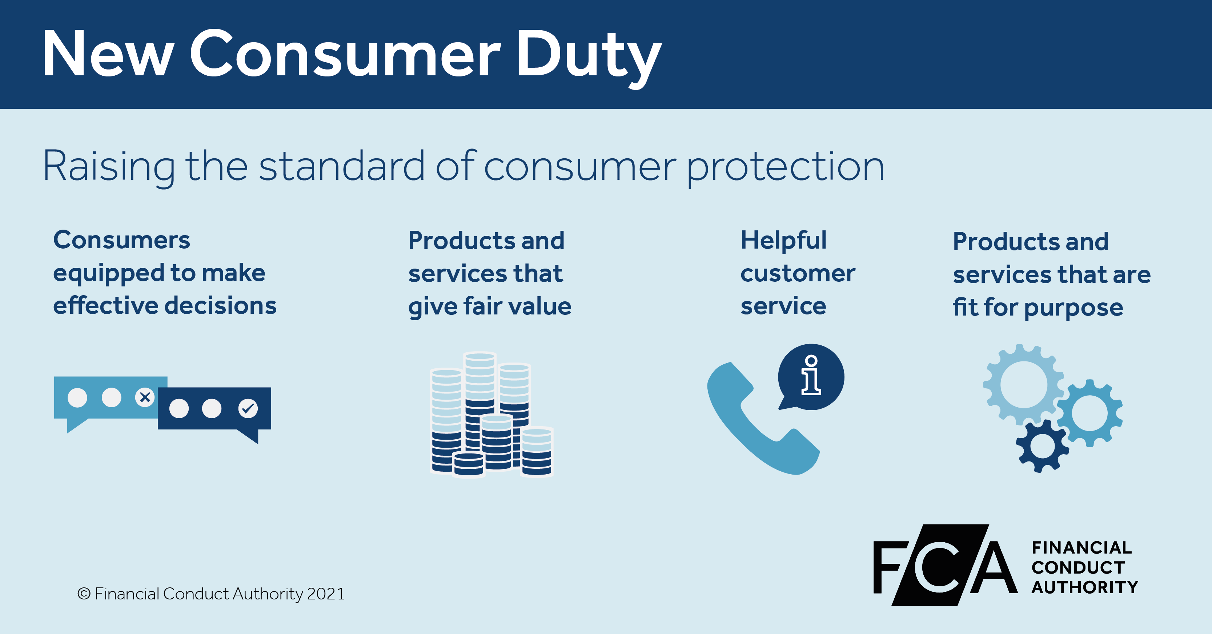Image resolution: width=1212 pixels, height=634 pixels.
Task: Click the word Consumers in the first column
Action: (121, 240)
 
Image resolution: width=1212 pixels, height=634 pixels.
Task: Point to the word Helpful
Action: (783, 240)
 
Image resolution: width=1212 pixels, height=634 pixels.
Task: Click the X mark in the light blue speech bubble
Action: (145, 397)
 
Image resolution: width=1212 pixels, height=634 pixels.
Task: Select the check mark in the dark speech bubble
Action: (248, 408)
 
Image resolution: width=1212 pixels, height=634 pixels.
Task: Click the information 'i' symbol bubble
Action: (811, 376)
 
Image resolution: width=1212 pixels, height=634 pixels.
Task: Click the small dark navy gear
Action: (1042, 445)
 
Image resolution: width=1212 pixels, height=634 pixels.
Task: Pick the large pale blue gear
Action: (1023, 384)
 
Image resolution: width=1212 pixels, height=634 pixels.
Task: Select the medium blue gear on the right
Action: (1089, 413)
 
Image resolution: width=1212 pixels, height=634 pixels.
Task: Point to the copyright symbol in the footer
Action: (84, 594)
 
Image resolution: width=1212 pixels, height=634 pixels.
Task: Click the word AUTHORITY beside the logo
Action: (1084, 587)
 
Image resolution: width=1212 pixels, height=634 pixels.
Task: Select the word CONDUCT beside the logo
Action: (1078, 568)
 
